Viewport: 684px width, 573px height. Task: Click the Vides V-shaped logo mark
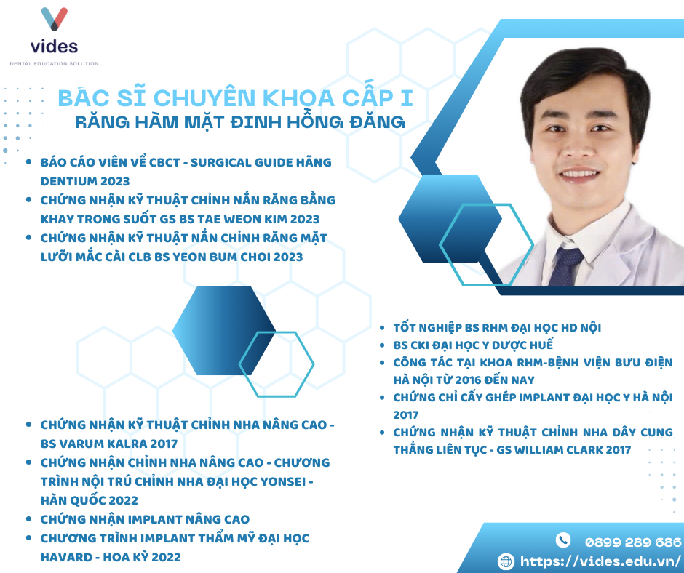click(x=54, y=19)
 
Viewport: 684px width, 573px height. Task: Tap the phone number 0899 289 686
click(x=633, y=542)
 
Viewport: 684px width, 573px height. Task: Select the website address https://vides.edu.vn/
click(x=600, y=561)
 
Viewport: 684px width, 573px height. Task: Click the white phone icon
click(x=562, y=540)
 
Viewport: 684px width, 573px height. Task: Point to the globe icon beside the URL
click(x=506, y=561)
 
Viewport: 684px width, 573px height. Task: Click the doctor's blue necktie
click(x=565, y=266)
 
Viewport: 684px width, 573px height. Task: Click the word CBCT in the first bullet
click(x=164, y=163)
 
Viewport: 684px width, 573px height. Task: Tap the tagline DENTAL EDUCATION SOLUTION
click(x=54, y=64)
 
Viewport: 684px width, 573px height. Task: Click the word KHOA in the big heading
click(x=299, y=97)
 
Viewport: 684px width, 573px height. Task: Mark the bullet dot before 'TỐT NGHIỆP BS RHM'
click(x=382, y=328)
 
